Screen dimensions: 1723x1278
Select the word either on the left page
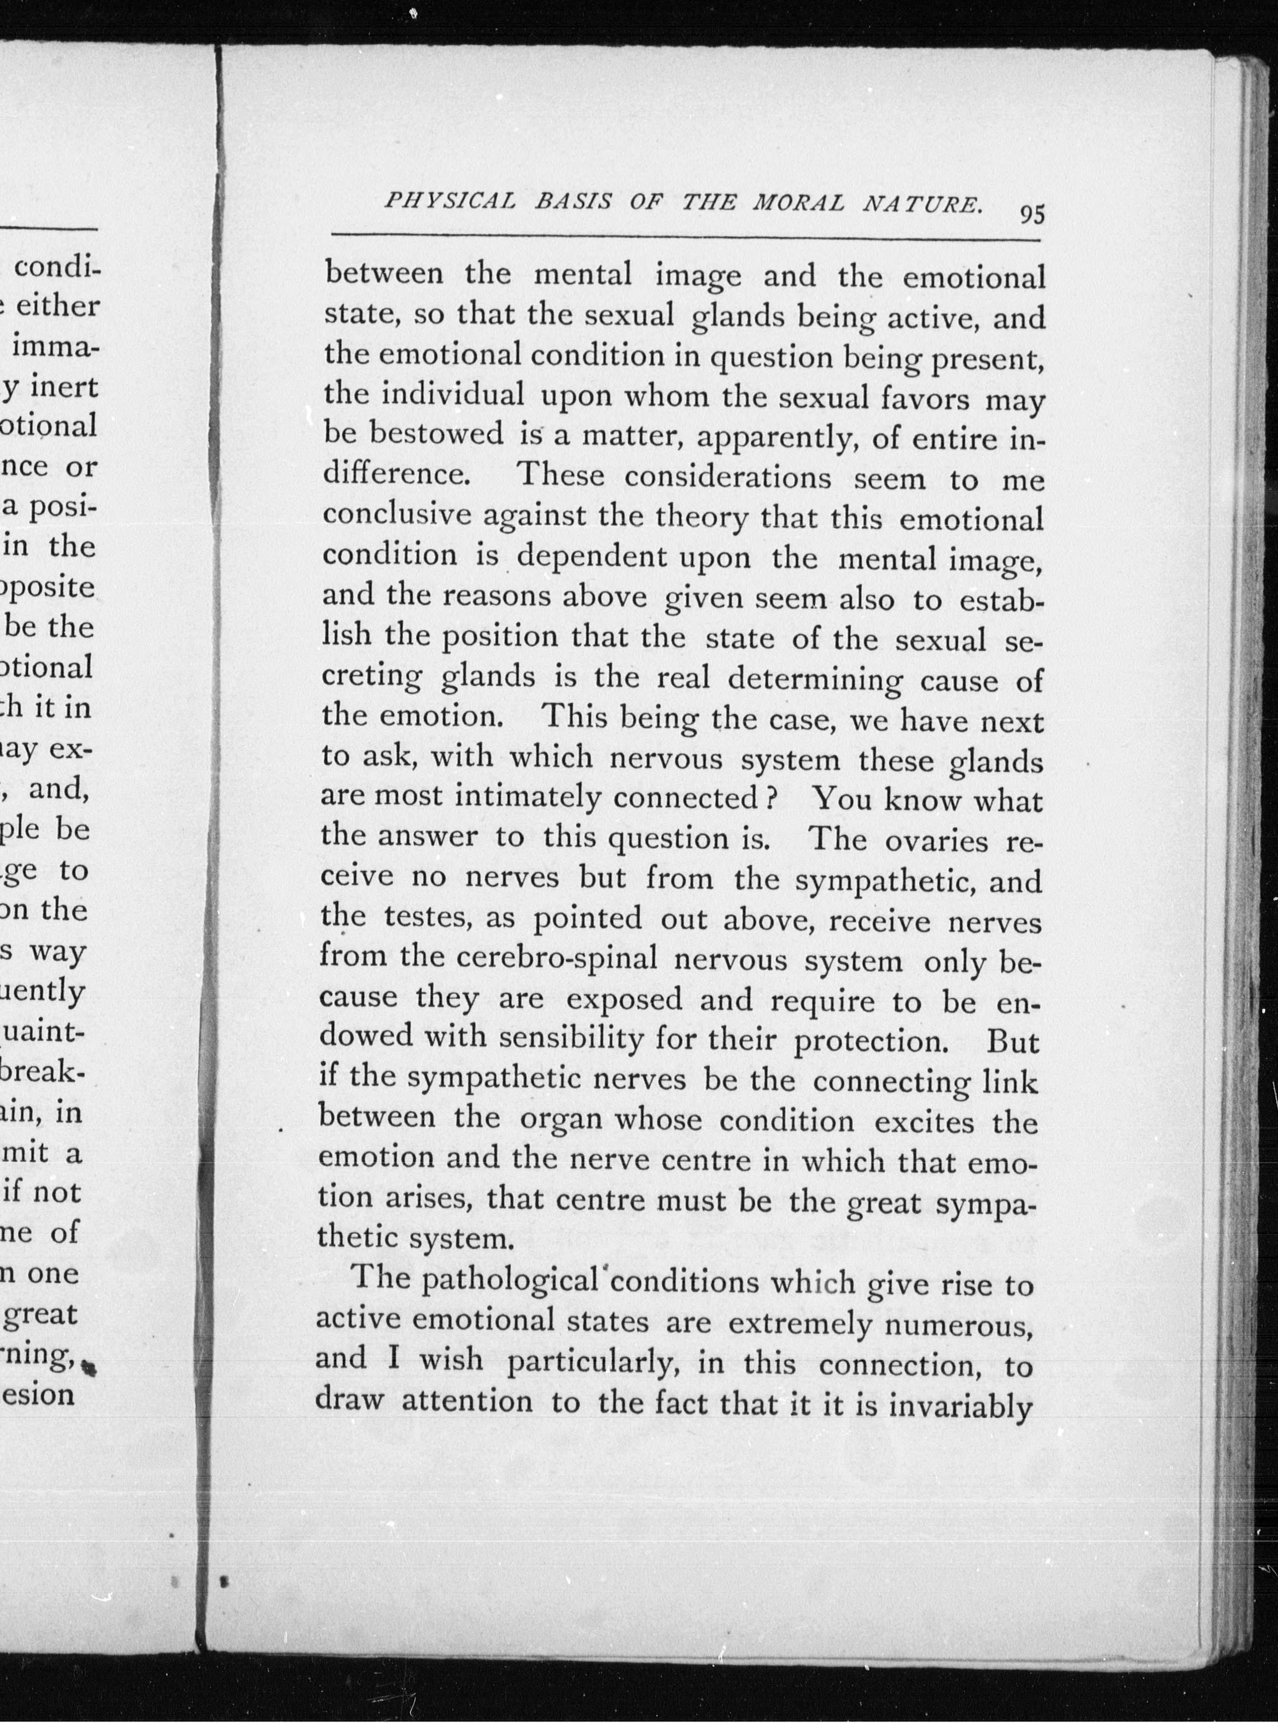click(x=58, y=306)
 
